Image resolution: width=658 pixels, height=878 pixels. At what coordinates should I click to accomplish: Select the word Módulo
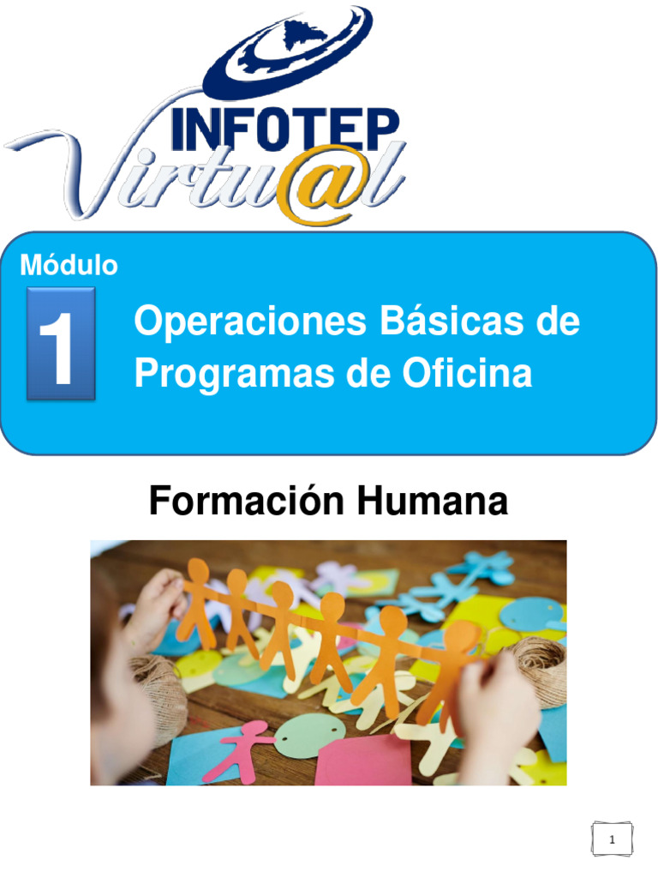coord(69,266)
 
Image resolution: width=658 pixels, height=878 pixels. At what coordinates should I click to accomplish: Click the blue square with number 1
coord(61,343)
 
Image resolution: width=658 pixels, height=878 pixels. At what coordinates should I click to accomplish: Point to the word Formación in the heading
coord(248,502)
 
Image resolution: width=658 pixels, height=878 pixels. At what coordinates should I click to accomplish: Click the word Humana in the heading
coord(434,502)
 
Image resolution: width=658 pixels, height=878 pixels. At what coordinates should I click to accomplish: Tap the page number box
coord(612,841)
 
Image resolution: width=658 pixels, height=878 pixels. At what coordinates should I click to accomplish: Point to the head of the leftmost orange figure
coord(198,569)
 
